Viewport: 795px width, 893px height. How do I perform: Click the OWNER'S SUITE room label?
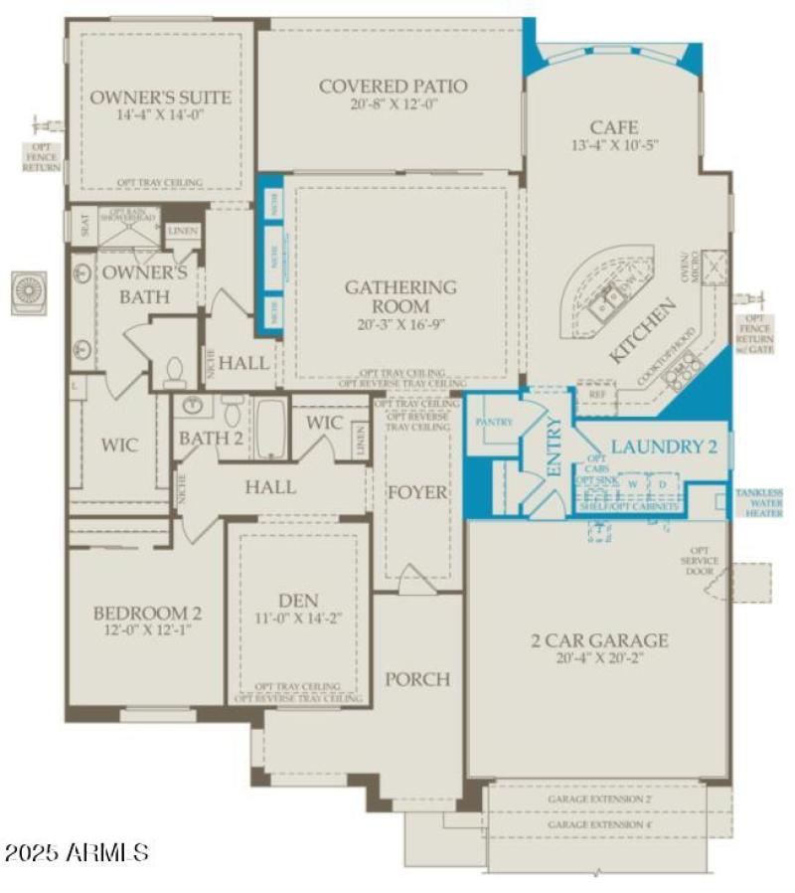click(x=161, y=97)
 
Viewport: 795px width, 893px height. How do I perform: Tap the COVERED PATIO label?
click(x=393, y=87)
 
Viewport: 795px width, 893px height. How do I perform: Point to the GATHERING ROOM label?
click(x=400, y=296)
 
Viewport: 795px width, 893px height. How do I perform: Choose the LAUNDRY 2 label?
click(x=663, y=446)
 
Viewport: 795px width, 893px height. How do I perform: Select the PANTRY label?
click(x=494, y=422)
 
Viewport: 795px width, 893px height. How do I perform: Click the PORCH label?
click(x=417, y=679)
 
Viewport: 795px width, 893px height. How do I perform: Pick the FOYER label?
click(x=417, y=492)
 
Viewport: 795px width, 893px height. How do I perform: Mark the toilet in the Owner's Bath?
click(x=176, y=373)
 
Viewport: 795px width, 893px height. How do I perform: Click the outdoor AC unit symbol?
click(x=28, y=292)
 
